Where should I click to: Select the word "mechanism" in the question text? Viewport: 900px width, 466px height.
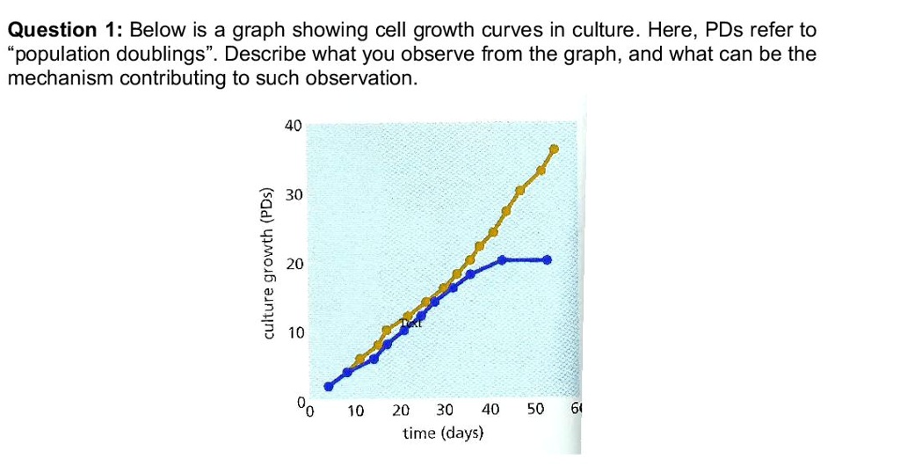[x=60, y=78]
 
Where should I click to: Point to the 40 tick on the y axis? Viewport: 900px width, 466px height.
[x=293, y=126]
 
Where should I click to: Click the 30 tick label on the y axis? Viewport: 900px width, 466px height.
[x=293, y=195]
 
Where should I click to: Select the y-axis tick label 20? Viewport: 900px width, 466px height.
[x=293, y=264]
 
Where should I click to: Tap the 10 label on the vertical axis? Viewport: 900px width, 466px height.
[x=293, y=333]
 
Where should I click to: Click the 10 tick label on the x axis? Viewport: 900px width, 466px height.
[x=355, y=410]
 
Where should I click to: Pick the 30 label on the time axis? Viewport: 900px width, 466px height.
[x=445, y=410]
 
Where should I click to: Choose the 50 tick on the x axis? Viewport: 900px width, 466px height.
[x=535, y=410]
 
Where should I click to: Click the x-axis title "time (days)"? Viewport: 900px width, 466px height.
[x=443, y=433]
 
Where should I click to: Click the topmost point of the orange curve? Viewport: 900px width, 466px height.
[x=554, y=149]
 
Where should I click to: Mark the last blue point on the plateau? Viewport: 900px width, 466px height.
[x=548, y=259]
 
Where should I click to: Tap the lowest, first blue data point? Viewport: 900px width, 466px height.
[x=329, y=386]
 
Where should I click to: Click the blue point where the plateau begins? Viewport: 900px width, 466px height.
[x=502, y=259]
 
